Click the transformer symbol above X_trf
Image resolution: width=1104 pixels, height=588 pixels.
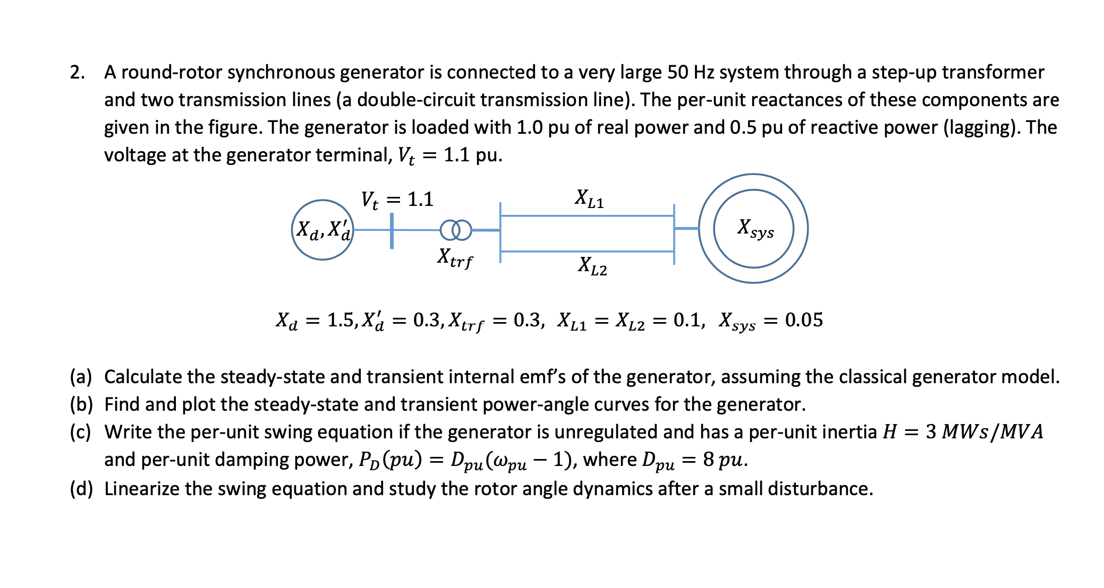456,230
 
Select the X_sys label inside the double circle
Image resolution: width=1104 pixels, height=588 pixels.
755,228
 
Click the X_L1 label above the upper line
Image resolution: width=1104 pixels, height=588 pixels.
589,198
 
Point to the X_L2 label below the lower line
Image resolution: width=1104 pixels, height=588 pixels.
592,266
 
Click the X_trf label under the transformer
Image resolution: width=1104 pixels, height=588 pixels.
455,258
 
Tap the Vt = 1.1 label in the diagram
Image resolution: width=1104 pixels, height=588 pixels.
397,200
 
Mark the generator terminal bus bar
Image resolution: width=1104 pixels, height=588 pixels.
392,230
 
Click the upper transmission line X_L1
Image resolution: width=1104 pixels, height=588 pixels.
587,216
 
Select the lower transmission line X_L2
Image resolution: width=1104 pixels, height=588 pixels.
587,251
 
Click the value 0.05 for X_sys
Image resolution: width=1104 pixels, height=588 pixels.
804,320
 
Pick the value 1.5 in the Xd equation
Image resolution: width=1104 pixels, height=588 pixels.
341,320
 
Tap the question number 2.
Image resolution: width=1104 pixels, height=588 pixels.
77,72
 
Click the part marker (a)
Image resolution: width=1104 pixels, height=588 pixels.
81,377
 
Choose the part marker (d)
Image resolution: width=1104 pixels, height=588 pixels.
81,489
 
